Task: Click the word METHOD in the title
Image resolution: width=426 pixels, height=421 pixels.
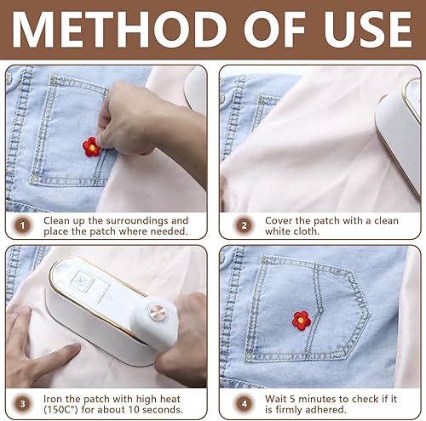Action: point(118,30)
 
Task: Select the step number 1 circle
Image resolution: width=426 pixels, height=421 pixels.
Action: point(22,225)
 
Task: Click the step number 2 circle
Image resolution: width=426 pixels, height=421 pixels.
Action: point(244,225)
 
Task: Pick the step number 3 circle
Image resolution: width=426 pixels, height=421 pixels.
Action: point(22,404)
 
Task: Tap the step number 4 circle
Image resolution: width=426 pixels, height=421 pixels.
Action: point(244,404)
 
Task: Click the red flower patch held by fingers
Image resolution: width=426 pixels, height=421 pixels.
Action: point(91,147)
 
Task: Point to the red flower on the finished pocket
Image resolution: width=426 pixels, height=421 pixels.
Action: point(302,321)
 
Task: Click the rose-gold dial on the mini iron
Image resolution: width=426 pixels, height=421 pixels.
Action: point(158,313)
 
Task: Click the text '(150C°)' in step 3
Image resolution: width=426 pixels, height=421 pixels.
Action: point(60,410)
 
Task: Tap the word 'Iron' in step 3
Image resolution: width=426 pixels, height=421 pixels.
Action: point(53,399)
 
